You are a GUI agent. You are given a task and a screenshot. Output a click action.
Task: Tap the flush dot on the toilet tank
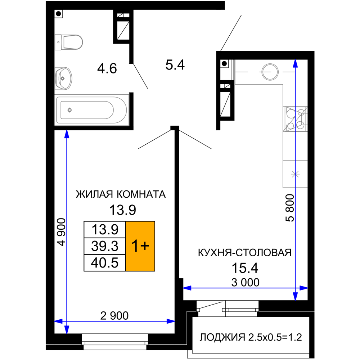58,42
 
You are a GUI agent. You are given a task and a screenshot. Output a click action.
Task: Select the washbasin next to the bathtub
64,78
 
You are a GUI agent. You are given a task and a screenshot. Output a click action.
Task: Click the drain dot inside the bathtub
70,110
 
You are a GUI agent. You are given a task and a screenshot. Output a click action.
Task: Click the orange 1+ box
140,246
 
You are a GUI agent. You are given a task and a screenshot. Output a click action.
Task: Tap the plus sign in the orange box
144,246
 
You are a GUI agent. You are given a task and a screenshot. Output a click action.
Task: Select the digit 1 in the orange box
135,246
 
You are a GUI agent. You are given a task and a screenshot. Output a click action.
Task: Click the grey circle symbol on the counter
269,72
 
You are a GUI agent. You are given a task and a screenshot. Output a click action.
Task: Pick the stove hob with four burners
295,119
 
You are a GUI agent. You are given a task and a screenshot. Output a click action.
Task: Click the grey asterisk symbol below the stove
296,174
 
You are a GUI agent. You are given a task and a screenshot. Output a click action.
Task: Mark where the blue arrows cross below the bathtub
67,321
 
